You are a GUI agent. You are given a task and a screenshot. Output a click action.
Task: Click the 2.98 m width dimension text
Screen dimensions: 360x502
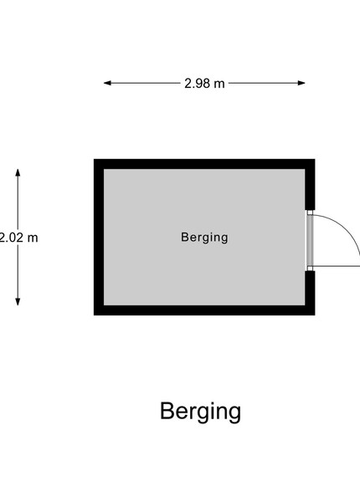[204, 84]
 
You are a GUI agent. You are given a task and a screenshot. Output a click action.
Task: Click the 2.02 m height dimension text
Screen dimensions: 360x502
[18, 238]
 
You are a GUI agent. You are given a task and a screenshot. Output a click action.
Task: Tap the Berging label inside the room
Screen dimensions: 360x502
[204, 238]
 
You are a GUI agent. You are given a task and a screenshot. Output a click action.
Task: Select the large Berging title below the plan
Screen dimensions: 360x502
[200, 412]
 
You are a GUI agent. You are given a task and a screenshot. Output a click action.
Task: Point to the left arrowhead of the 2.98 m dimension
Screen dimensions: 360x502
[107, 83]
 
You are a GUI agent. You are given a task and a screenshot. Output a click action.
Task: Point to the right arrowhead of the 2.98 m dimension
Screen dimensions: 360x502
[301, 83]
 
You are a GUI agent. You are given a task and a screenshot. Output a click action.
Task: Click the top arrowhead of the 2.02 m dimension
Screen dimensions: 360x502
[18, 172]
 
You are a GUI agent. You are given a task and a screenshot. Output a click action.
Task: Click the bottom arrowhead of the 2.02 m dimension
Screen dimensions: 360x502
[18, 301]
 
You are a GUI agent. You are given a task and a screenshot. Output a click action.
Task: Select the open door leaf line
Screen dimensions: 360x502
[337, 266]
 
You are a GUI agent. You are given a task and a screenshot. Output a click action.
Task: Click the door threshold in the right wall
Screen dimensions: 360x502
[310, 240]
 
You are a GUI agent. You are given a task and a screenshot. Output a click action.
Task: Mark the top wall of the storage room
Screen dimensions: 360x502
[204, 164]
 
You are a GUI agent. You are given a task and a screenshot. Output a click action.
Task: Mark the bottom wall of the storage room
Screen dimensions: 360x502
[204, 310]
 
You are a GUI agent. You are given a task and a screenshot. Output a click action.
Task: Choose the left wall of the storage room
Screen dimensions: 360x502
[99, 237]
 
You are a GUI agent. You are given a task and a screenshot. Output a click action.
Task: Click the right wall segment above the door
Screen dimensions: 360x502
[310, 184]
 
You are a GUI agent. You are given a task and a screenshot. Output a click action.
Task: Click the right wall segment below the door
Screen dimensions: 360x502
[310, 293]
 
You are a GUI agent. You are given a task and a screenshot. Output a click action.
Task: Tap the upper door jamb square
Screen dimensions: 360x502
[310, 213]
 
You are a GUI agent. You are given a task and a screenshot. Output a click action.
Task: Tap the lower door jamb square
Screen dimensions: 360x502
[310, 269]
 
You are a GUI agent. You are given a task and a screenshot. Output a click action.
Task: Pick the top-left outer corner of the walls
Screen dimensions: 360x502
[94, 159]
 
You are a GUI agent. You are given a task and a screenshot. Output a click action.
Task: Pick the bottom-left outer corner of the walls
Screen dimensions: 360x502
[94, 315]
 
